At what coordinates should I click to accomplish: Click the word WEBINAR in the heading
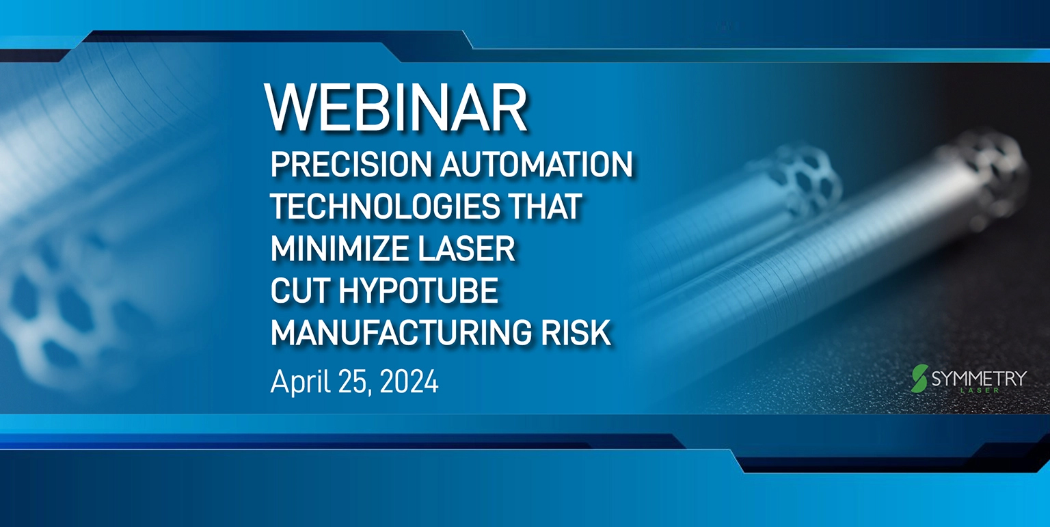396,107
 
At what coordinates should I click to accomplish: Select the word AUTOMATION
536,164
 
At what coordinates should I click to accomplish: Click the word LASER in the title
466,249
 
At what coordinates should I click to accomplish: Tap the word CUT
300,290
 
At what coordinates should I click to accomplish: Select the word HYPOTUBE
418,290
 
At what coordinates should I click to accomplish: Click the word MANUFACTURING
401,333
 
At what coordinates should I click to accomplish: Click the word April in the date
301,382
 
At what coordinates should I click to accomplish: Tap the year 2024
409,381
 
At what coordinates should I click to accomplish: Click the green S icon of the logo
919,378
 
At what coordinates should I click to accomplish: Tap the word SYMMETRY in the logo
979,378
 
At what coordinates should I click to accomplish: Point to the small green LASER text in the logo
980,390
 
